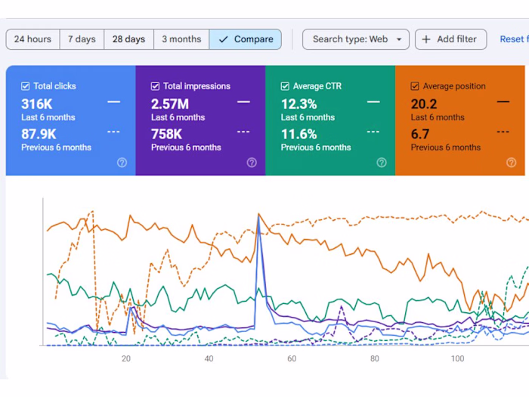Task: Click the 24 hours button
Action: [x=32, y=39]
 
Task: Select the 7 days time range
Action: [x=82, y=39]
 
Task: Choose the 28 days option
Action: [x=128, y=39]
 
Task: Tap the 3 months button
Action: [x=181, y=39]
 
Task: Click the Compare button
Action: [x=246, y=39]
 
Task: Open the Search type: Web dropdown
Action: [x=356, y=39]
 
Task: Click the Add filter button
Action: [x=450, y=39]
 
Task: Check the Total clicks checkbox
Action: [x=26, y=86]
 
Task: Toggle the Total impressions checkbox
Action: [x=156, y=86]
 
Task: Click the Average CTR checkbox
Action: [x=286, y=86]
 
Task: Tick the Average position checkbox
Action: [x=415, y=86]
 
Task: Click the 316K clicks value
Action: [x=37, y=104]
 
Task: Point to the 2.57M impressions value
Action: [x=170, y=104]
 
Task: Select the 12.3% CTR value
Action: [x=299, y=104]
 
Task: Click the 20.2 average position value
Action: [x=424, y=104]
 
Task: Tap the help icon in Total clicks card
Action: [x=122, y=163]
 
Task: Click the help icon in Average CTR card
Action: [x=382, y=163]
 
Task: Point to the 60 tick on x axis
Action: [x=292, y=358]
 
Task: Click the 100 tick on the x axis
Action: [x=457, y=358]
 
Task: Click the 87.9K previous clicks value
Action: [x=39, y=134]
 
